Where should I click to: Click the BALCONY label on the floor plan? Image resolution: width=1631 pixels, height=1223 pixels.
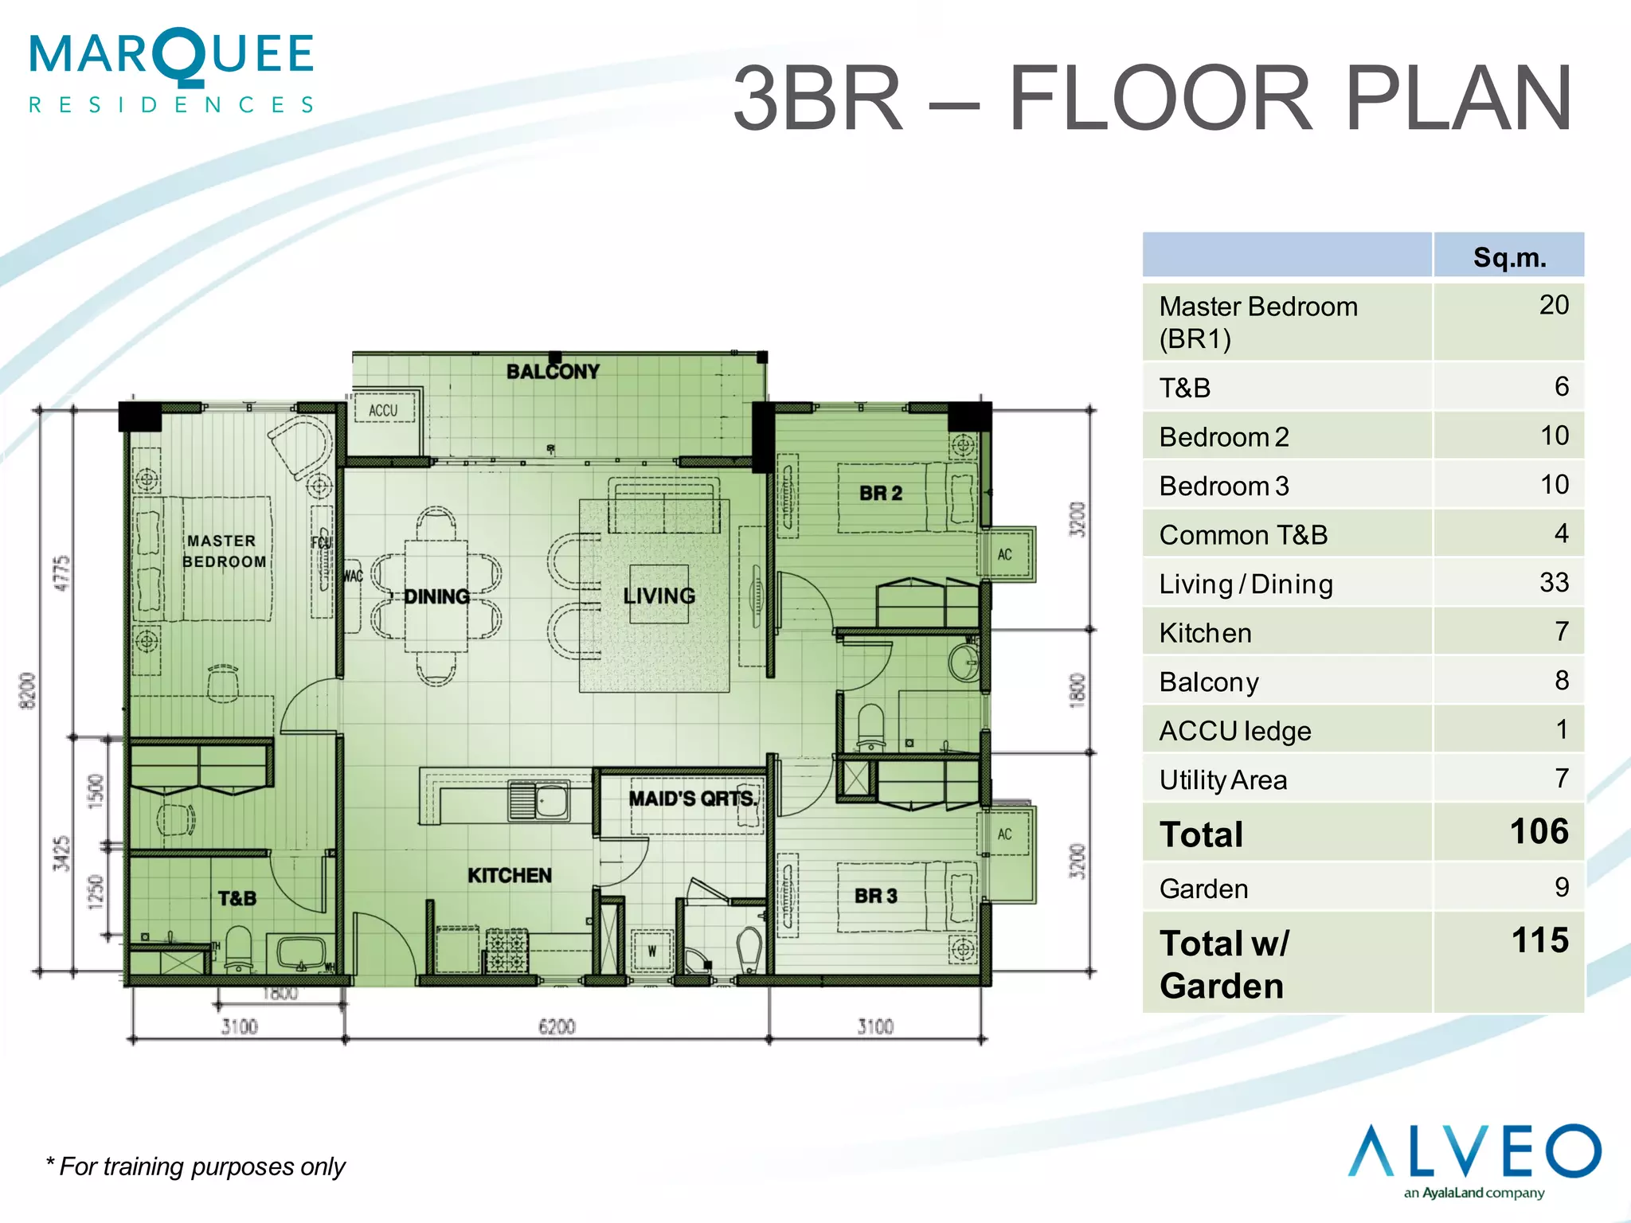tap(553, 371)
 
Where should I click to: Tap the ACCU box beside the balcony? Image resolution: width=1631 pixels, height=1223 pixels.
tap(384, 411)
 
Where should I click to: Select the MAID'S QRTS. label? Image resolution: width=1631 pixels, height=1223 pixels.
tap(692, 799)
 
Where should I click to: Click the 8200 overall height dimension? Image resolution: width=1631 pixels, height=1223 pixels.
tap(28, 691)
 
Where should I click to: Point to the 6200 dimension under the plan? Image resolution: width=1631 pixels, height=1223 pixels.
tap(557, 1026)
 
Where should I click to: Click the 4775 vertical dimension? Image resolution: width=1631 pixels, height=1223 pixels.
tap(62, 573)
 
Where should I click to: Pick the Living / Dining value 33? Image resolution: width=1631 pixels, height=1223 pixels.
tap(1553, 583)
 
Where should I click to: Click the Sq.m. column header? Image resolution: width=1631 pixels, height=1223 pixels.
tap(1509, 257)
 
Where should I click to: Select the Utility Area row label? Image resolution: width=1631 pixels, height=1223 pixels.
tap(1222, 780)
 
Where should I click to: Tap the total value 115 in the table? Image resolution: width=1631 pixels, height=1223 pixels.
tap(1539, 940)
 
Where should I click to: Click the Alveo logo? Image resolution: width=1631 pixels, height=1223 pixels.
tap(1474, 1159)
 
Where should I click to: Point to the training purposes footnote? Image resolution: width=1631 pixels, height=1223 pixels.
tap(196, 1166)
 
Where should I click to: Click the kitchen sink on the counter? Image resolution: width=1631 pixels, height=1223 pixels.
tap(539, 799)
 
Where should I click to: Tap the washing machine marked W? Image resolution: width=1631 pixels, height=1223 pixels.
tap(651, 951)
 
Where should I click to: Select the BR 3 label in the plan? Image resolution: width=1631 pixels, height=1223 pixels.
tap(875, 897)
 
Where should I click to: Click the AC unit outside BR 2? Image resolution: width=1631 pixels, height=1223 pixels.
tap(1006, 554)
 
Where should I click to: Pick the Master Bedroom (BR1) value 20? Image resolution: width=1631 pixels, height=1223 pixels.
tap(1553, 305)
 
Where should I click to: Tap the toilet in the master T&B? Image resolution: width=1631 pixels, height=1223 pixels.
tap(239, 948)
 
